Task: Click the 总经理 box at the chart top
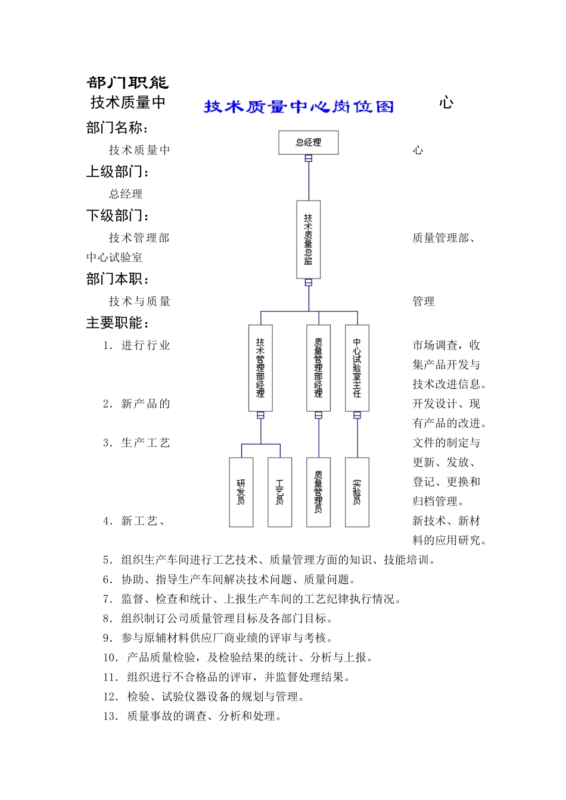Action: point(308,143)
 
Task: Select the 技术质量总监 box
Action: point(308,239)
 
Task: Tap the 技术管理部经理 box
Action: point(260,368)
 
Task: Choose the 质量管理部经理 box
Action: point(318,368)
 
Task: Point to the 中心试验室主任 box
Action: point(357,368)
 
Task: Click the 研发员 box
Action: point(241,492)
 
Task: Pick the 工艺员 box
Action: point(279,492)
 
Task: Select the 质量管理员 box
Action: point(318,492)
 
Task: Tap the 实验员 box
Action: point(357,492)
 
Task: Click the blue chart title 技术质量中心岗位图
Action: point(298,107)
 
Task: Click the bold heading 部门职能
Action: point(127,83)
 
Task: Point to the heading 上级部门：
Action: point(118,171)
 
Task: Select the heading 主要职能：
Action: point(118,323)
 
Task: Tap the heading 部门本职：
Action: point(118,279)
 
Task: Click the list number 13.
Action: point(111,716)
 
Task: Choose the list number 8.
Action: point(108,618)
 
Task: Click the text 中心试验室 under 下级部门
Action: point(114,257)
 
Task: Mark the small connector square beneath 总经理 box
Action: point(309,158)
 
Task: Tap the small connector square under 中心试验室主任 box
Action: point(357,415)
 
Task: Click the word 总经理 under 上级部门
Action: point(126,193)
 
